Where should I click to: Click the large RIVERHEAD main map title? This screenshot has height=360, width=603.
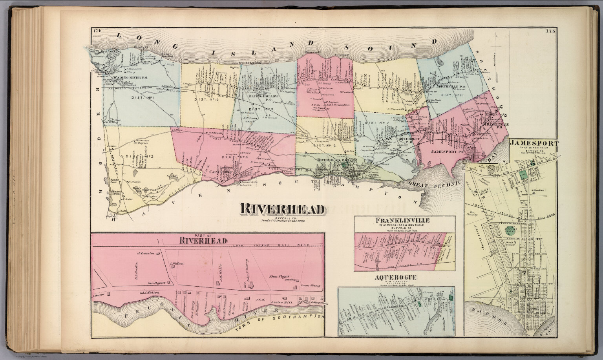point(282,209)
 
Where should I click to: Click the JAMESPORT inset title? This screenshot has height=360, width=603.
point(534,144)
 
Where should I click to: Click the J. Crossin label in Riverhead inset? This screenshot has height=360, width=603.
point(144,253)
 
